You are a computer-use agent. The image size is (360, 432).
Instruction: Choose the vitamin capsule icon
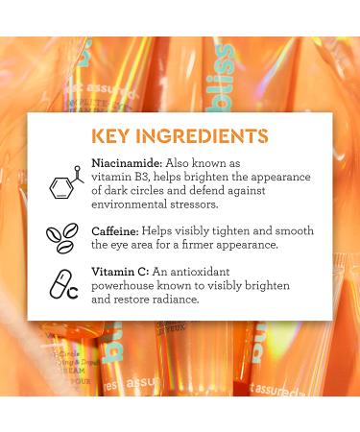(62, 284)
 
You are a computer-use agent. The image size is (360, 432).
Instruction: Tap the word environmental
(134, 204)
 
